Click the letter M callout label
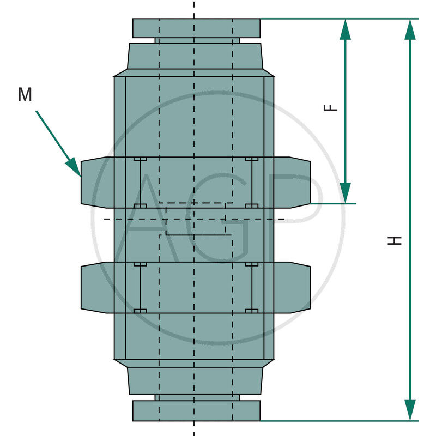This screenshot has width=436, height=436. pyautogui.click(x=25, y=94)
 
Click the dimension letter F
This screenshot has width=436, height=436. pyautogui.click(x=331, y=108)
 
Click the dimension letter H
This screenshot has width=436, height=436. pyautogui.click(x=395, y=240)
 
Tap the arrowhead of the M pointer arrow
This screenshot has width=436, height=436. pyautogui.click(x=74, y=167)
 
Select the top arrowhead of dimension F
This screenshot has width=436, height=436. pyautogui.click(x=345, y=29)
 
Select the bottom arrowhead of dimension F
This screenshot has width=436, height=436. pyautogui.click(x=345, y=193)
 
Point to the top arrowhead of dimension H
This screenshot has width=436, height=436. pyautogui.click(x=410, y=29)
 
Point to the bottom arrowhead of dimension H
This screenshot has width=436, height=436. pyautogui.click(x=410, y=410)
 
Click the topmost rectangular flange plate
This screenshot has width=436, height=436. pyautogui.click(x=196, y=28)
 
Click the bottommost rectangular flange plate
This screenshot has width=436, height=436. pyautogui.click(x=196, y=411)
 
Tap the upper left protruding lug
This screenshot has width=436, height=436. pyautogui.click(x=98, y=183)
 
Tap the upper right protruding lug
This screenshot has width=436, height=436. pyautogui.click(x=292, y=183)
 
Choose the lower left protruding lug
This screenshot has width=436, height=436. pyautogui.click(x=98, y=288)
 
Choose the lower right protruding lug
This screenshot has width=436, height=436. pyautogui.click(x=292, y=288)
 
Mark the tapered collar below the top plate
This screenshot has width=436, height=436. pyautogui.click(x=195, y=56)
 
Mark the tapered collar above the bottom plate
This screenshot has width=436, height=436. pyautogui.click(x=195, y=380)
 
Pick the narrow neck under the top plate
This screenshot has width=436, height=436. pyautogui.click(x=197, y=40)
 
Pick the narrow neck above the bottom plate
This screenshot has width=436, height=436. pyautogui.click(x=197, y=398)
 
